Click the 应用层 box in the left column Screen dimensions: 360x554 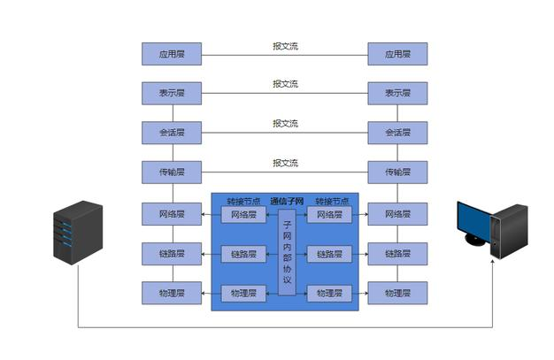[x=172, y=54]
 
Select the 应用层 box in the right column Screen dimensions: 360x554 [x=397, y=54]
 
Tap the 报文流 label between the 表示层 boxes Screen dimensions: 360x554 [x=285, y=85]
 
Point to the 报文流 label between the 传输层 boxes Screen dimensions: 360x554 [x=285, y=163]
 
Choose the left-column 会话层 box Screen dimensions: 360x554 [x=172, y=133]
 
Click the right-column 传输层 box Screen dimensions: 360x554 [x=397, y=172]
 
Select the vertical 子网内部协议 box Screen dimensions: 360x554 [x=287, y=254]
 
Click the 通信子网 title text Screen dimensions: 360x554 [x=287, y=201]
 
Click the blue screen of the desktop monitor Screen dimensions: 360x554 [x=471, y=220]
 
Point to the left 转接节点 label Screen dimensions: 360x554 [x=242, y=202]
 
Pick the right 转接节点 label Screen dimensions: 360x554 [x=331, y=202]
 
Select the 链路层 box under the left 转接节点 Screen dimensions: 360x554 [x=242, y=255]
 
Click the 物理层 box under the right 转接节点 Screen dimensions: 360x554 [x=328, y=293]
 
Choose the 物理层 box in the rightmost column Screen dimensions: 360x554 [x=397, y=293]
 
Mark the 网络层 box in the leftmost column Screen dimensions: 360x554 [x=172, y=214]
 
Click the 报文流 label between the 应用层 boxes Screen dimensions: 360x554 [x=285, y=46]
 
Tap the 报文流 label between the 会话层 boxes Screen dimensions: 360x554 [x=285, y=124]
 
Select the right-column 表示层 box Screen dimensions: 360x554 [x=397, y=93]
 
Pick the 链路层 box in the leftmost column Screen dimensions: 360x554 [x=172, y=254]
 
